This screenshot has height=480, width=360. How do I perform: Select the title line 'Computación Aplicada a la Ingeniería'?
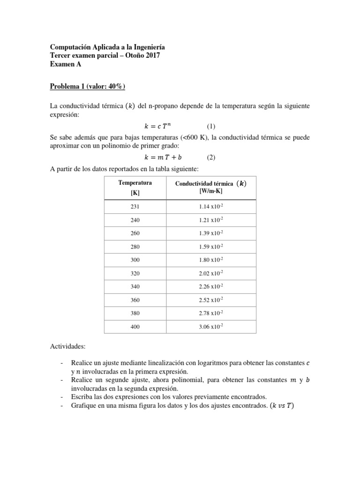click(107, 48)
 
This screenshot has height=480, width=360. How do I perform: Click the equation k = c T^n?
click(162, 126)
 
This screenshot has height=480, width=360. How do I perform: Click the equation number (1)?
click(211, 126)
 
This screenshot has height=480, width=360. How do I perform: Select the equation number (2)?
click(211, 157)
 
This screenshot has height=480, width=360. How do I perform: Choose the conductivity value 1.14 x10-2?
click(210, 207)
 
